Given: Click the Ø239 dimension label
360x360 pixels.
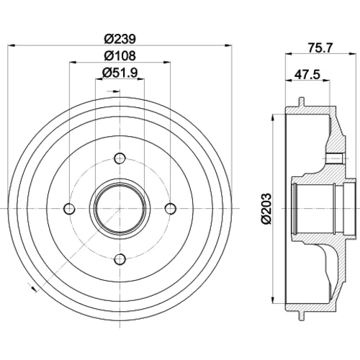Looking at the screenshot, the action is [120, 39].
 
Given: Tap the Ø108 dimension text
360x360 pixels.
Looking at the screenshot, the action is [120, 55].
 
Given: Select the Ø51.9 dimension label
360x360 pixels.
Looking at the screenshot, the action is [120, 73].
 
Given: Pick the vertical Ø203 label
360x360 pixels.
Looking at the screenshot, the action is [266, 208].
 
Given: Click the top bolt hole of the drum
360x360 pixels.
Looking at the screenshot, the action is [120, 158].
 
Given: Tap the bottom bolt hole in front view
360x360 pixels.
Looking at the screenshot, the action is [120, 259].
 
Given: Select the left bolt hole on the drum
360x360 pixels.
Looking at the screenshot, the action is [69, 209].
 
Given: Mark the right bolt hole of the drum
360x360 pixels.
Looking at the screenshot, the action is [171, 209].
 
